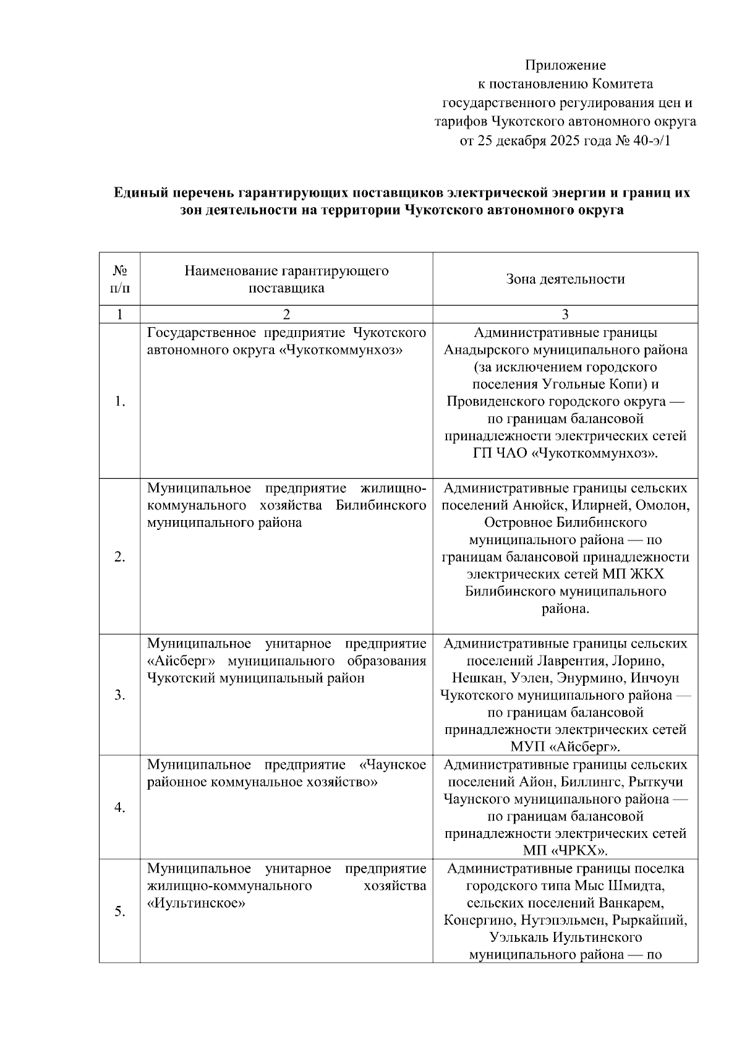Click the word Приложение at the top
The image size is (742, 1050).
565,65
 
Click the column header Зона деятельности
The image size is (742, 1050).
565,279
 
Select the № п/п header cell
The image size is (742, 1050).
120,279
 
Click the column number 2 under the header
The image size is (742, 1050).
286,315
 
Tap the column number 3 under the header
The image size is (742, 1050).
565,315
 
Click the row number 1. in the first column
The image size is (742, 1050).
120,402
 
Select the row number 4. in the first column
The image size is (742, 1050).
120,808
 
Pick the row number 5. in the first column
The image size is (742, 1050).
120,911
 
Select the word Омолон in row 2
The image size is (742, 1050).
665,505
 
